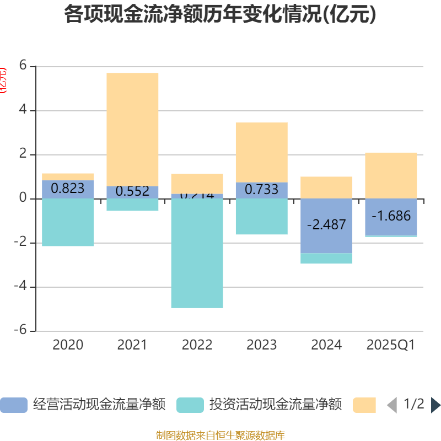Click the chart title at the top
tap(220, 14)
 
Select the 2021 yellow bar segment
tap(132, 130)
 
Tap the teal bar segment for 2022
tap(197, 254)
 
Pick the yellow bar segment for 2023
tap(261, 152)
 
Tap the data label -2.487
tap(326, 225)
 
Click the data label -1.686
tap(391, 216)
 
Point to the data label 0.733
tap(261, 190)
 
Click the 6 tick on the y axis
tap(23, 66)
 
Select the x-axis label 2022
tap(197, 345)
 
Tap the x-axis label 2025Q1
tap(391, 345)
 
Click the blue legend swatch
tap(13, 405)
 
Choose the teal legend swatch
tap(190, 405)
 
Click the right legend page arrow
tap(435, 405)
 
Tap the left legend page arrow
tap(392, 405)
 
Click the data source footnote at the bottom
tap(220, 435)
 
